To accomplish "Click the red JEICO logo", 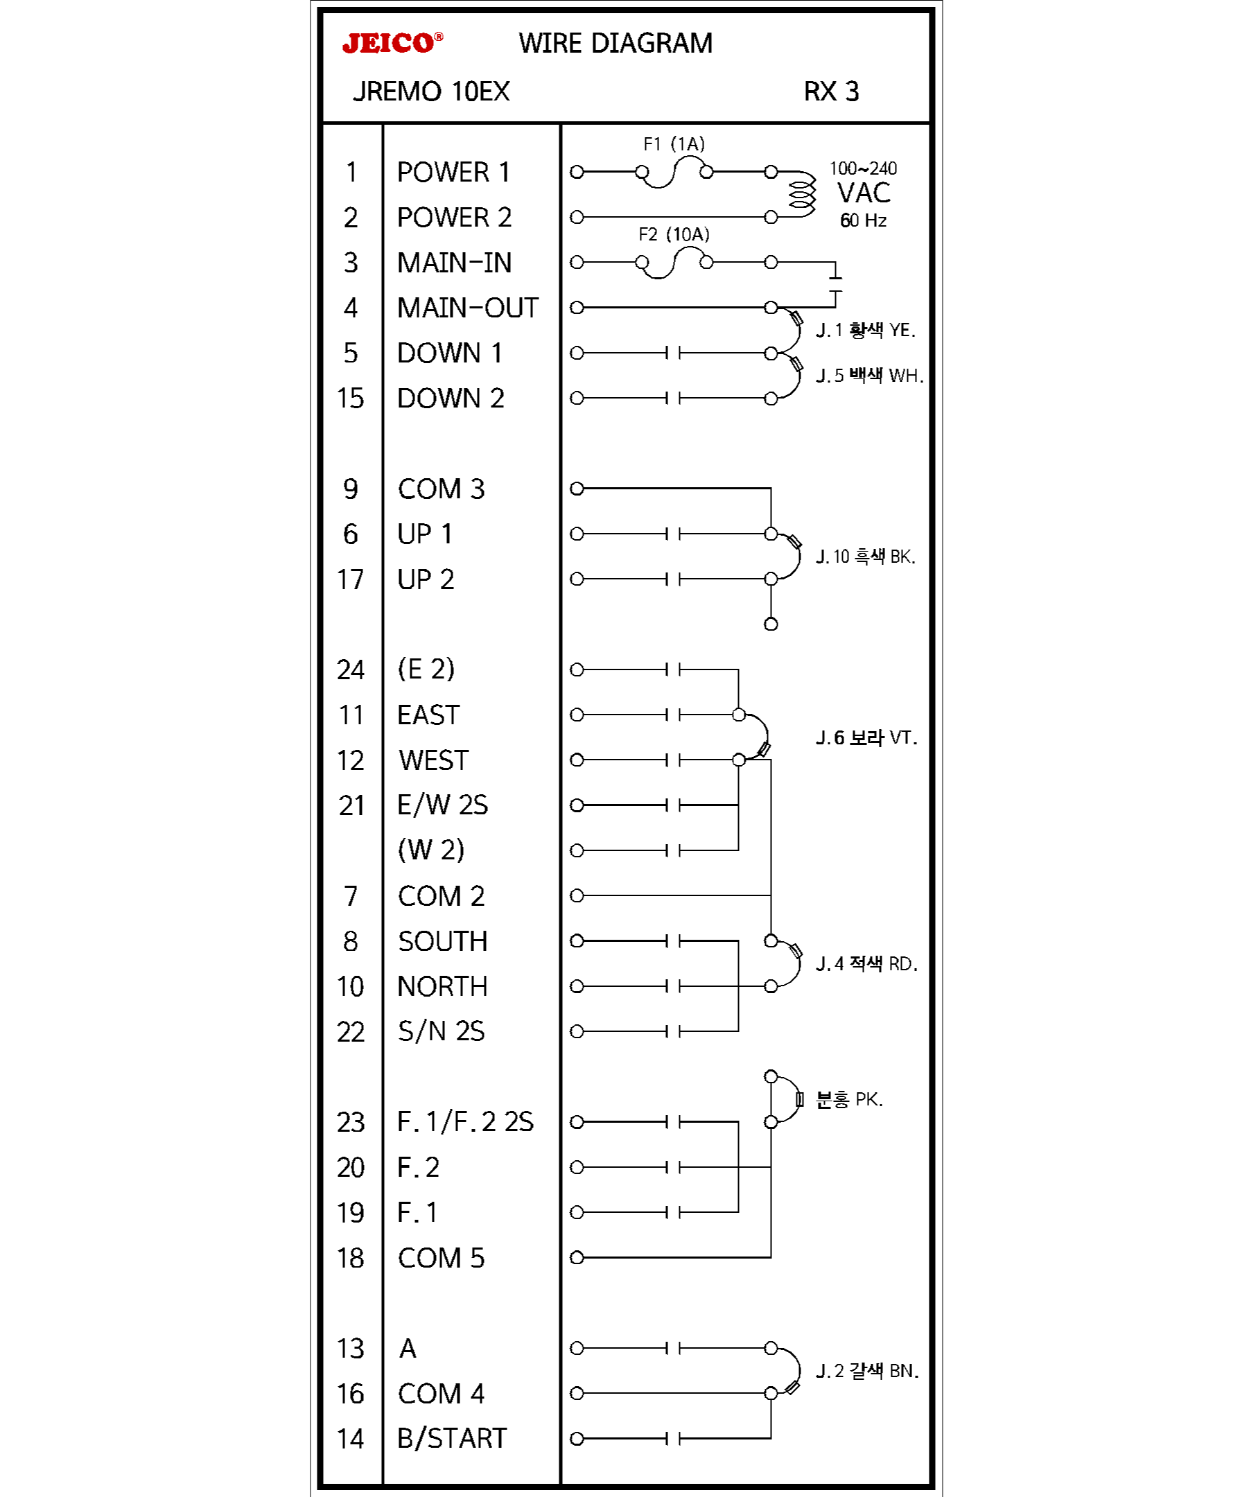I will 392,44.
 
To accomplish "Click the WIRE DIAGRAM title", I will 615,44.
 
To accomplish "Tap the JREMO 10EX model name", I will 430,92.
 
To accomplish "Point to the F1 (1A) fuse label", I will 673,145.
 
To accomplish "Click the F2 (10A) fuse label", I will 673,234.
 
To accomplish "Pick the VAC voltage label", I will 863,193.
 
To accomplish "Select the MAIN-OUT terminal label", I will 467,308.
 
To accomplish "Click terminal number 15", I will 350,399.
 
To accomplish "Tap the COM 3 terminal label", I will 441,489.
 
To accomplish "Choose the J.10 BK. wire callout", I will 865,557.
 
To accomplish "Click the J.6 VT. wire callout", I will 866,738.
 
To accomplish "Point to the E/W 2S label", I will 442,805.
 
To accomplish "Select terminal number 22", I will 350,1032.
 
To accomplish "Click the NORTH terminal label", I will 442,987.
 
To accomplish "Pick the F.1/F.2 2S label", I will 465,1122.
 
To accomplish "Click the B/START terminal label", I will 451,1439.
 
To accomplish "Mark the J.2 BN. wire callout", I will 866,1371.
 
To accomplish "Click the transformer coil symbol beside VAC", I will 801,194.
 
